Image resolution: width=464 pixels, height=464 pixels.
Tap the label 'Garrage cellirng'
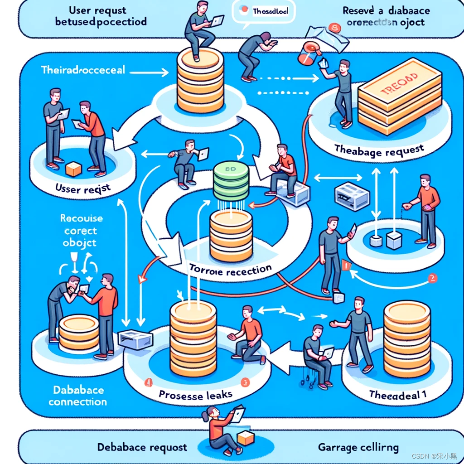[358, 448]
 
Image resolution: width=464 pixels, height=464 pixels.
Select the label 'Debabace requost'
[142, 447]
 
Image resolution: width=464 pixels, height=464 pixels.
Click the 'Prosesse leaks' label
[195, 395]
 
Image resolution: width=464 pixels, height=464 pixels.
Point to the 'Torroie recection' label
[231, 270]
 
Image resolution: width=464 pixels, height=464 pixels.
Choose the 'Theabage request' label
[379, 150]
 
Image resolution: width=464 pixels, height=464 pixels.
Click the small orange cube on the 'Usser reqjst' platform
[73, 169]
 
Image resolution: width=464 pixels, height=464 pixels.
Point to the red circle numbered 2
[432, 278]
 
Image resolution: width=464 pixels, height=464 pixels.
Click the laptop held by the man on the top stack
[217, 20]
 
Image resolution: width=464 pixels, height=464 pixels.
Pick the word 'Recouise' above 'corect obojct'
[82, 218]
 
